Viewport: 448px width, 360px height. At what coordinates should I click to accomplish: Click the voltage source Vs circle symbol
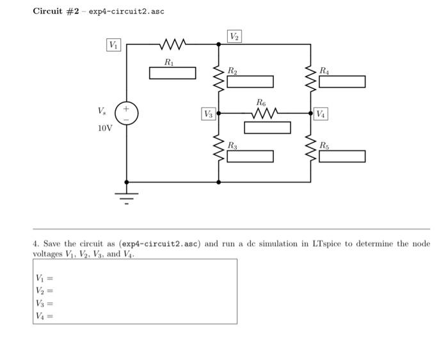coord(126,114)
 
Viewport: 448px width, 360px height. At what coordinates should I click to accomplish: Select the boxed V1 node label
coord(113,45)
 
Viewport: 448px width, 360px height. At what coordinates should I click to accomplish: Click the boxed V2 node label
coord(235,36)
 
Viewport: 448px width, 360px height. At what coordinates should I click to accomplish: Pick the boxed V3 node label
coord(209,114)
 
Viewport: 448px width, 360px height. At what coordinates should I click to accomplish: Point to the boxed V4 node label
coord(320,114)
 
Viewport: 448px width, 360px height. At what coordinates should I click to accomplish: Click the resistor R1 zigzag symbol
coord(173,45)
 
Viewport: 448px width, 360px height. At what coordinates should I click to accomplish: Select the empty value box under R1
coord(173,73)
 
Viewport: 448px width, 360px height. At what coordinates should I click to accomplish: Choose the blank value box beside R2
coord(250,82)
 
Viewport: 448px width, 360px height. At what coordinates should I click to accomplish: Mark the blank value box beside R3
coord(250,157)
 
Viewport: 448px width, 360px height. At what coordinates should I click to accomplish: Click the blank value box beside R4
coord(342,82)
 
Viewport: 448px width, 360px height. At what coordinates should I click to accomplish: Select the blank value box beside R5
coord(342,157)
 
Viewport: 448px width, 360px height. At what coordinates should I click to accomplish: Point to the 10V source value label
coord(105,128)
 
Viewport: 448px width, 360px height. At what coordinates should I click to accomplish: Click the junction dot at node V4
coord(311,114)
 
